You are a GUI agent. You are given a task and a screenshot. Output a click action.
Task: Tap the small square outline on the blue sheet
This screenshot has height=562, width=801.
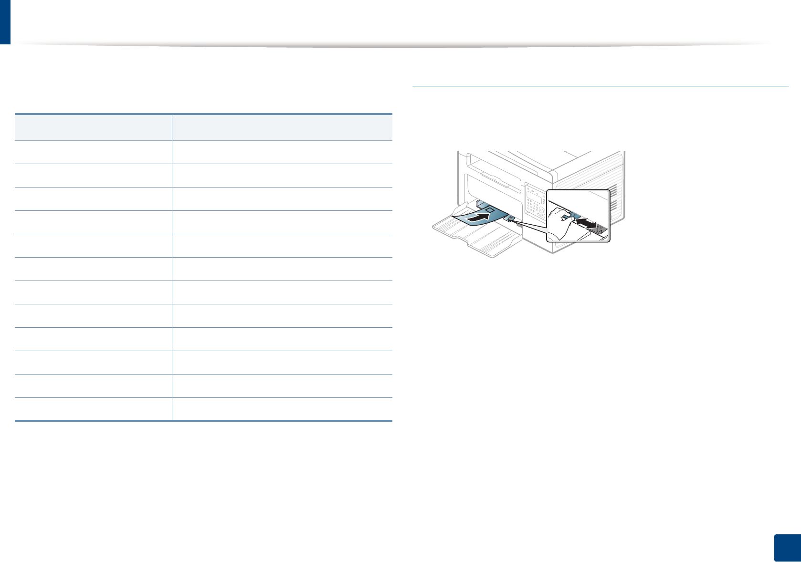click(x=488, y=209)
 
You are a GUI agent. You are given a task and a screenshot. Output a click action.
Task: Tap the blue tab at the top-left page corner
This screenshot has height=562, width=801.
click(x=5, y=21)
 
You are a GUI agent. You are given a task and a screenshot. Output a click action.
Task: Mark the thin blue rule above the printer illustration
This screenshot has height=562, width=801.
click(x=600, y=86)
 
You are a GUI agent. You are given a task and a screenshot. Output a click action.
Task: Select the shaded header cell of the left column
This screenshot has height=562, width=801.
click(x=93, y=127)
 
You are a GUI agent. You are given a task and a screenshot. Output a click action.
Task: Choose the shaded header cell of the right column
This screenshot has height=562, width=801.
click(x=282, y=127)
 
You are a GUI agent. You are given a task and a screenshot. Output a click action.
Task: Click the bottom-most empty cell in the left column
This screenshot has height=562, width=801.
click(x=93, y=409)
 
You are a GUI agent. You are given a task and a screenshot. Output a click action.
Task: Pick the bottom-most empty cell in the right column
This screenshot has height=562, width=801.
click(x=282, y=409)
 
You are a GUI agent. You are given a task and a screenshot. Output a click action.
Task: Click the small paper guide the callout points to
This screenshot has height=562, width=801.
click(x=510, y=219)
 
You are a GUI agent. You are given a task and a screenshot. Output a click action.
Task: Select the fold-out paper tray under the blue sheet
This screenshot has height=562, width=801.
click(x=477, y=236)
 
